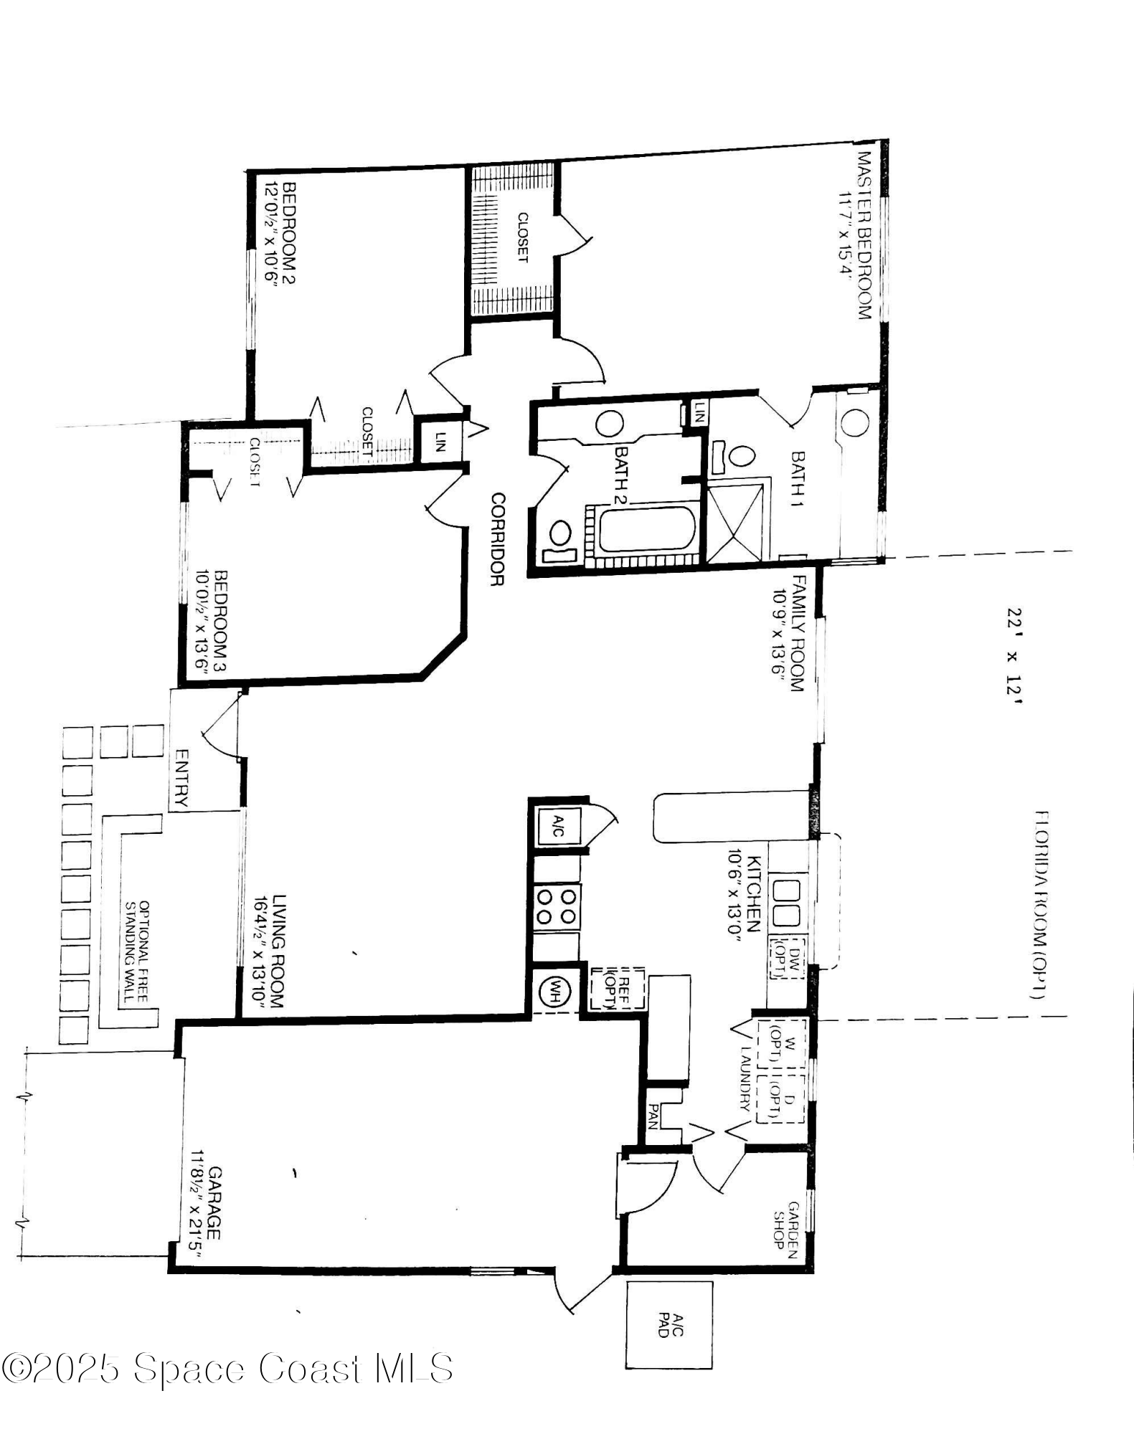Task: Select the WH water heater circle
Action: click(554, 993)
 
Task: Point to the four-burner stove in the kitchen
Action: click(557, 906)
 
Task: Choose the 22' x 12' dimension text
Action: click(1014, 656)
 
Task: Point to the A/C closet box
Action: click(559, 829)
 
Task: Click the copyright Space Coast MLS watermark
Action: click(227, 1368)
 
